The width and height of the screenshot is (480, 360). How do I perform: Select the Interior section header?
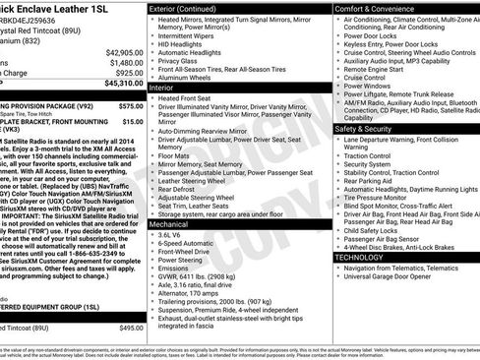[163, 87]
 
